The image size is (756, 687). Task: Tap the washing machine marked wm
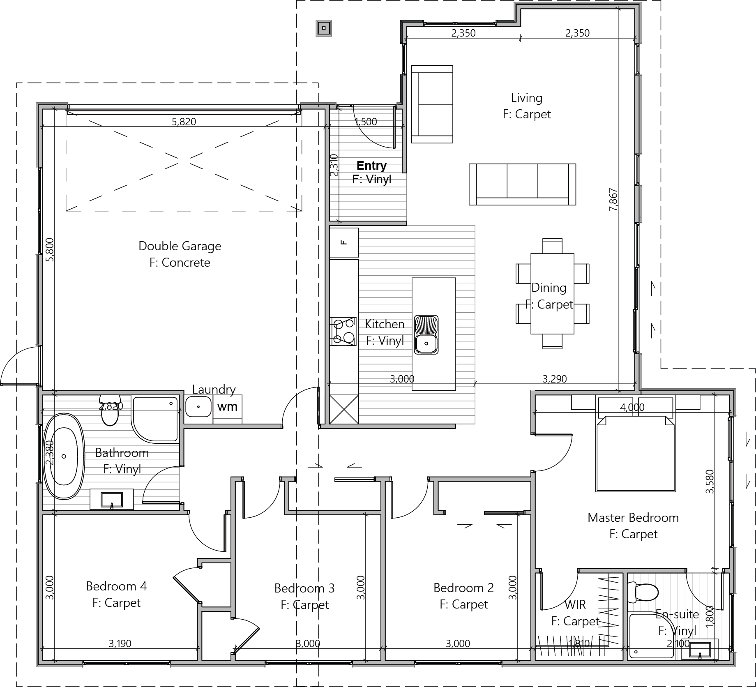click(x=228, y=407)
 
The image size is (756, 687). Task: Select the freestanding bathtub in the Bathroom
click(x=64, y=456)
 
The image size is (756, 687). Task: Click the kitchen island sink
click(x=426, y=334)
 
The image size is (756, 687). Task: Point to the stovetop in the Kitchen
click(x=343, y=331)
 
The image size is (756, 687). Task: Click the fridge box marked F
click(x=344, y=243)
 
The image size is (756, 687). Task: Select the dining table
click(x=552, y=294)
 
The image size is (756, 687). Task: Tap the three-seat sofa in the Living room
click(x=522, y=184)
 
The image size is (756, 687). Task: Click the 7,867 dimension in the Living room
click(x=613, y=200)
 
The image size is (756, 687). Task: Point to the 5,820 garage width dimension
click(x=184, y=122)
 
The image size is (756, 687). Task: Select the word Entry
click(x=371, y=166)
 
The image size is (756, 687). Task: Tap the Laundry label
click(x=214, y=389)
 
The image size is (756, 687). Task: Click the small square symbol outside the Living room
click(x=324, y=28)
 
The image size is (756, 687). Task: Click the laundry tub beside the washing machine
click(x=198, y=407)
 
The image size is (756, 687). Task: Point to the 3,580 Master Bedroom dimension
click(x=710, y=481)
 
